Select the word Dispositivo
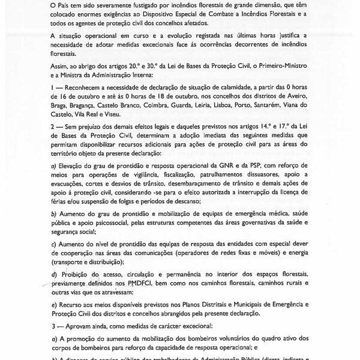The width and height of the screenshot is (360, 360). point(195,15)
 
